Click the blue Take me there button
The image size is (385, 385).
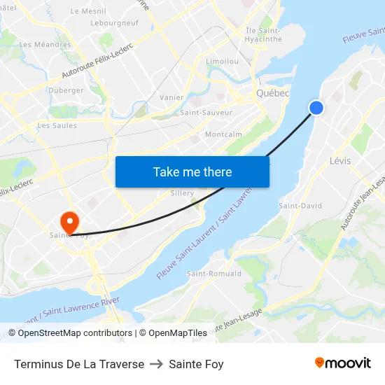[x=192, y=171]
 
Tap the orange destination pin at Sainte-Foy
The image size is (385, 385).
[x=70, y=222]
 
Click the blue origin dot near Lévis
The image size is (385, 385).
[x=316, y=107]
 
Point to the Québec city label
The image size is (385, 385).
[x=273, y=93]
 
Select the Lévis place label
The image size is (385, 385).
[x=340, y=161]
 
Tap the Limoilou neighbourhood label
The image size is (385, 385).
[x=223, y=62]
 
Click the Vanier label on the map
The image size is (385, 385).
[x=171, y=97]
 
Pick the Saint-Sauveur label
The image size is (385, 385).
[x=206, y=112]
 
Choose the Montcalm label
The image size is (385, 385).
[x=223, y=134]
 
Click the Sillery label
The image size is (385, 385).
[x=183, y=193]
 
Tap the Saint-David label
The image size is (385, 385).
[x=300, y=206]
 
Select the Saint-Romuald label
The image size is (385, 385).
[x=213, y=274]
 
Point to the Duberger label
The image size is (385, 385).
[x=66, y=90]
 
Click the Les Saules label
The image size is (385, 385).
[x=57, y=126]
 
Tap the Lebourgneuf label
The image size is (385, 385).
[x=113, y=22]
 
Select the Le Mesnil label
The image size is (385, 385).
[x=88, y=11]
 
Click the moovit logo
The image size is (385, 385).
[x=343, y=363]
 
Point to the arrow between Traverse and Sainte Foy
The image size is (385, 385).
[x=156, y=364]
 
